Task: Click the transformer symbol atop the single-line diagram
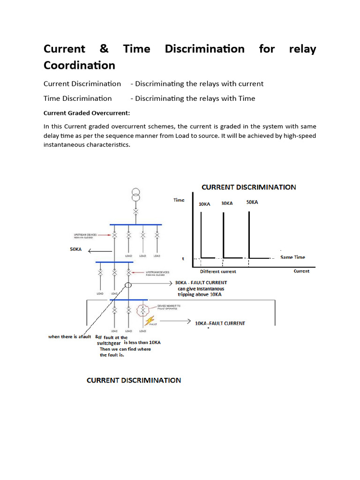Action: [x=135, y=195]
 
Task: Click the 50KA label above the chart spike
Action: [x=252, y=202]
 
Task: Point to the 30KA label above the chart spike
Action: [x=227, y=203]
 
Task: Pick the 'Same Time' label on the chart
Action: [x=292, y=257]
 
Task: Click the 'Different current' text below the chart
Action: [x=218, y=271]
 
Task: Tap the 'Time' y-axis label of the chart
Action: [x=179, y=200]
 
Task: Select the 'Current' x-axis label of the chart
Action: [x=301, y=271]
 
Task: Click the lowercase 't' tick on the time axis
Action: [x=183, y=258]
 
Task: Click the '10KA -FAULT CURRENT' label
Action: [x=219, y=323]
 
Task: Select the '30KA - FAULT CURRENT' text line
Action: [x=201, y=283]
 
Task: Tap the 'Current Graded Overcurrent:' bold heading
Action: [x=87, y=113]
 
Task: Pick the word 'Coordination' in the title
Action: [x=79, y=65]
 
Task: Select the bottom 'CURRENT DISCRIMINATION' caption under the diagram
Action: [x=134, y=380]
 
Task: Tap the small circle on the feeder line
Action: [x=128, y=285]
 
